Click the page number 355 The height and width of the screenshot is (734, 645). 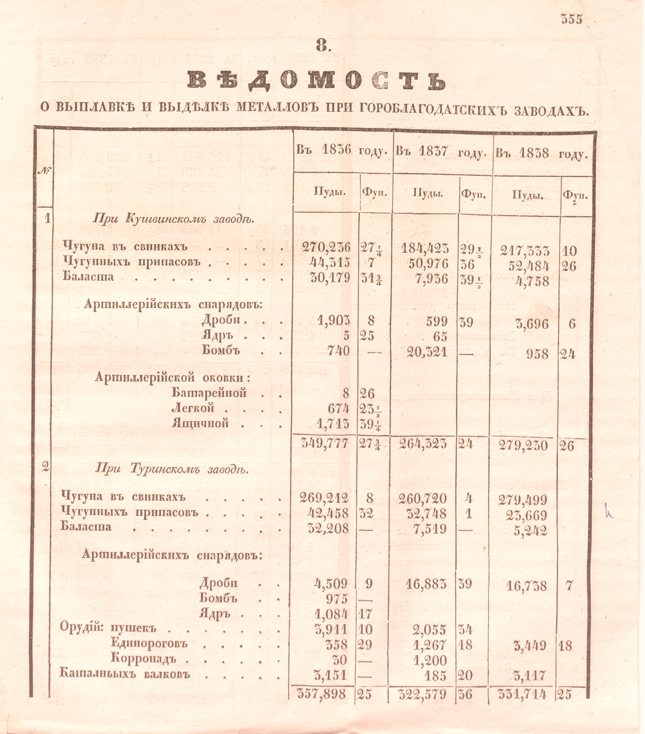pyautogui.click(x=572, y=19)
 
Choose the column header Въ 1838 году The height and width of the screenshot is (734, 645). pyautogui.click(x=542, y=153)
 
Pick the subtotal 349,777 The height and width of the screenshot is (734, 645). pyautogui.click(x=324, y=443)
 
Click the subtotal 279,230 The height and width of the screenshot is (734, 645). pyautogui.click(x=523, y=446)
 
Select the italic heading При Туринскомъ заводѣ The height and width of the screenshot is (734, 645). pyautogui.click(x=172, y=469)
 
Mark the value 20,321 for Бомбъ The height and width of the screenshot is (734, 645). pyautogui.click(x=427, y=352)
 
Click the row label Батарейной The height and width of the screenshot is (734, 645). pyautogui.click(x=209, y=393)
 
